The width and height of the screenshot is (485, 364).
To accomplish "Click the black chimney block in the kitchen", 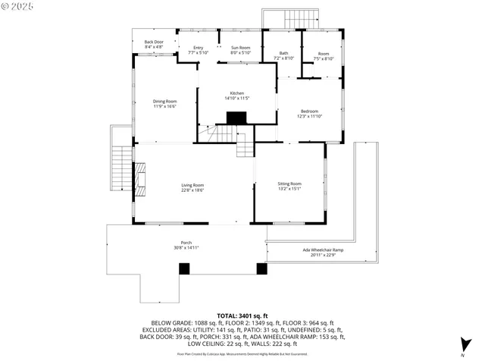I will point(237,118).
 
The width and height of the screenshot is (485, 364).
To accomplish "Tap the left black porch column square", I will point(183,268).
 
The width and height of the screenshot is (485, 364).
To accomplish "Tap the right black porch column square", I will point(262,268).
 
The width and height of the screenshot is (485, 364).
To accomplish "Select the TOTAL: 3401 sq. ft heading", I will point(242,315).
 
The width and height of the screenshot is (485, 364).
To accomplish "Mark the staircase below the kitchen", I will point(216,134).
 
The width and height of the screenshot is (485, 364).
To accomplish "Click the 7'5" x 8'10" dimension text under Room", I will point(324,58).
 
